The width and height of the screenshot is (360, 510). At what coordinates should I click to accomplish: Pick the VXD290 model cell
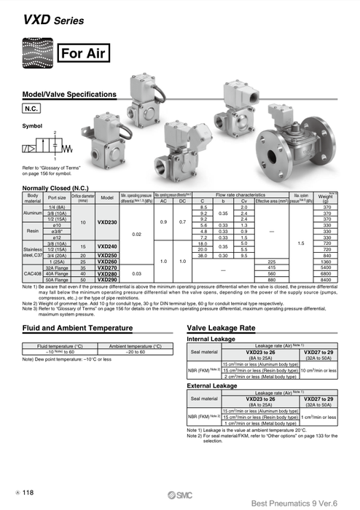(x=106, y=279)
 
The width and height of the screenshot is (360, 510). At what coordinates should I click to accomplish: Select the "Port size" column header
(x=56, y=198)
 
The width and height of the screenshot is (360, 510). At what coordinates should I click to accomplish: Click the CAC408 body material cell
(x=32, y=273)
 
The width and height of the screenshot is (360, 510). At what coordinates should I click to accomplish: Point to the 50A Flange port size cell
(x=56, y=279)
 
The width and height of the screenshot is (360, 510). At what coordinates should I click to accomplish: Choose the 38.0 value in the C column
(x=205, y=256)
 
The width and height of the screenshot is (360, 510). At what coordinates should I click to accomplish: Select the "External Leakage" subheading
(x=212, y=385)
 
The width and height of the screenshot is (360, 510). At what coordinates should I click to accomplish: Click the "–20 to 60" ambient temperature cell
(x=134, y=351)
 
